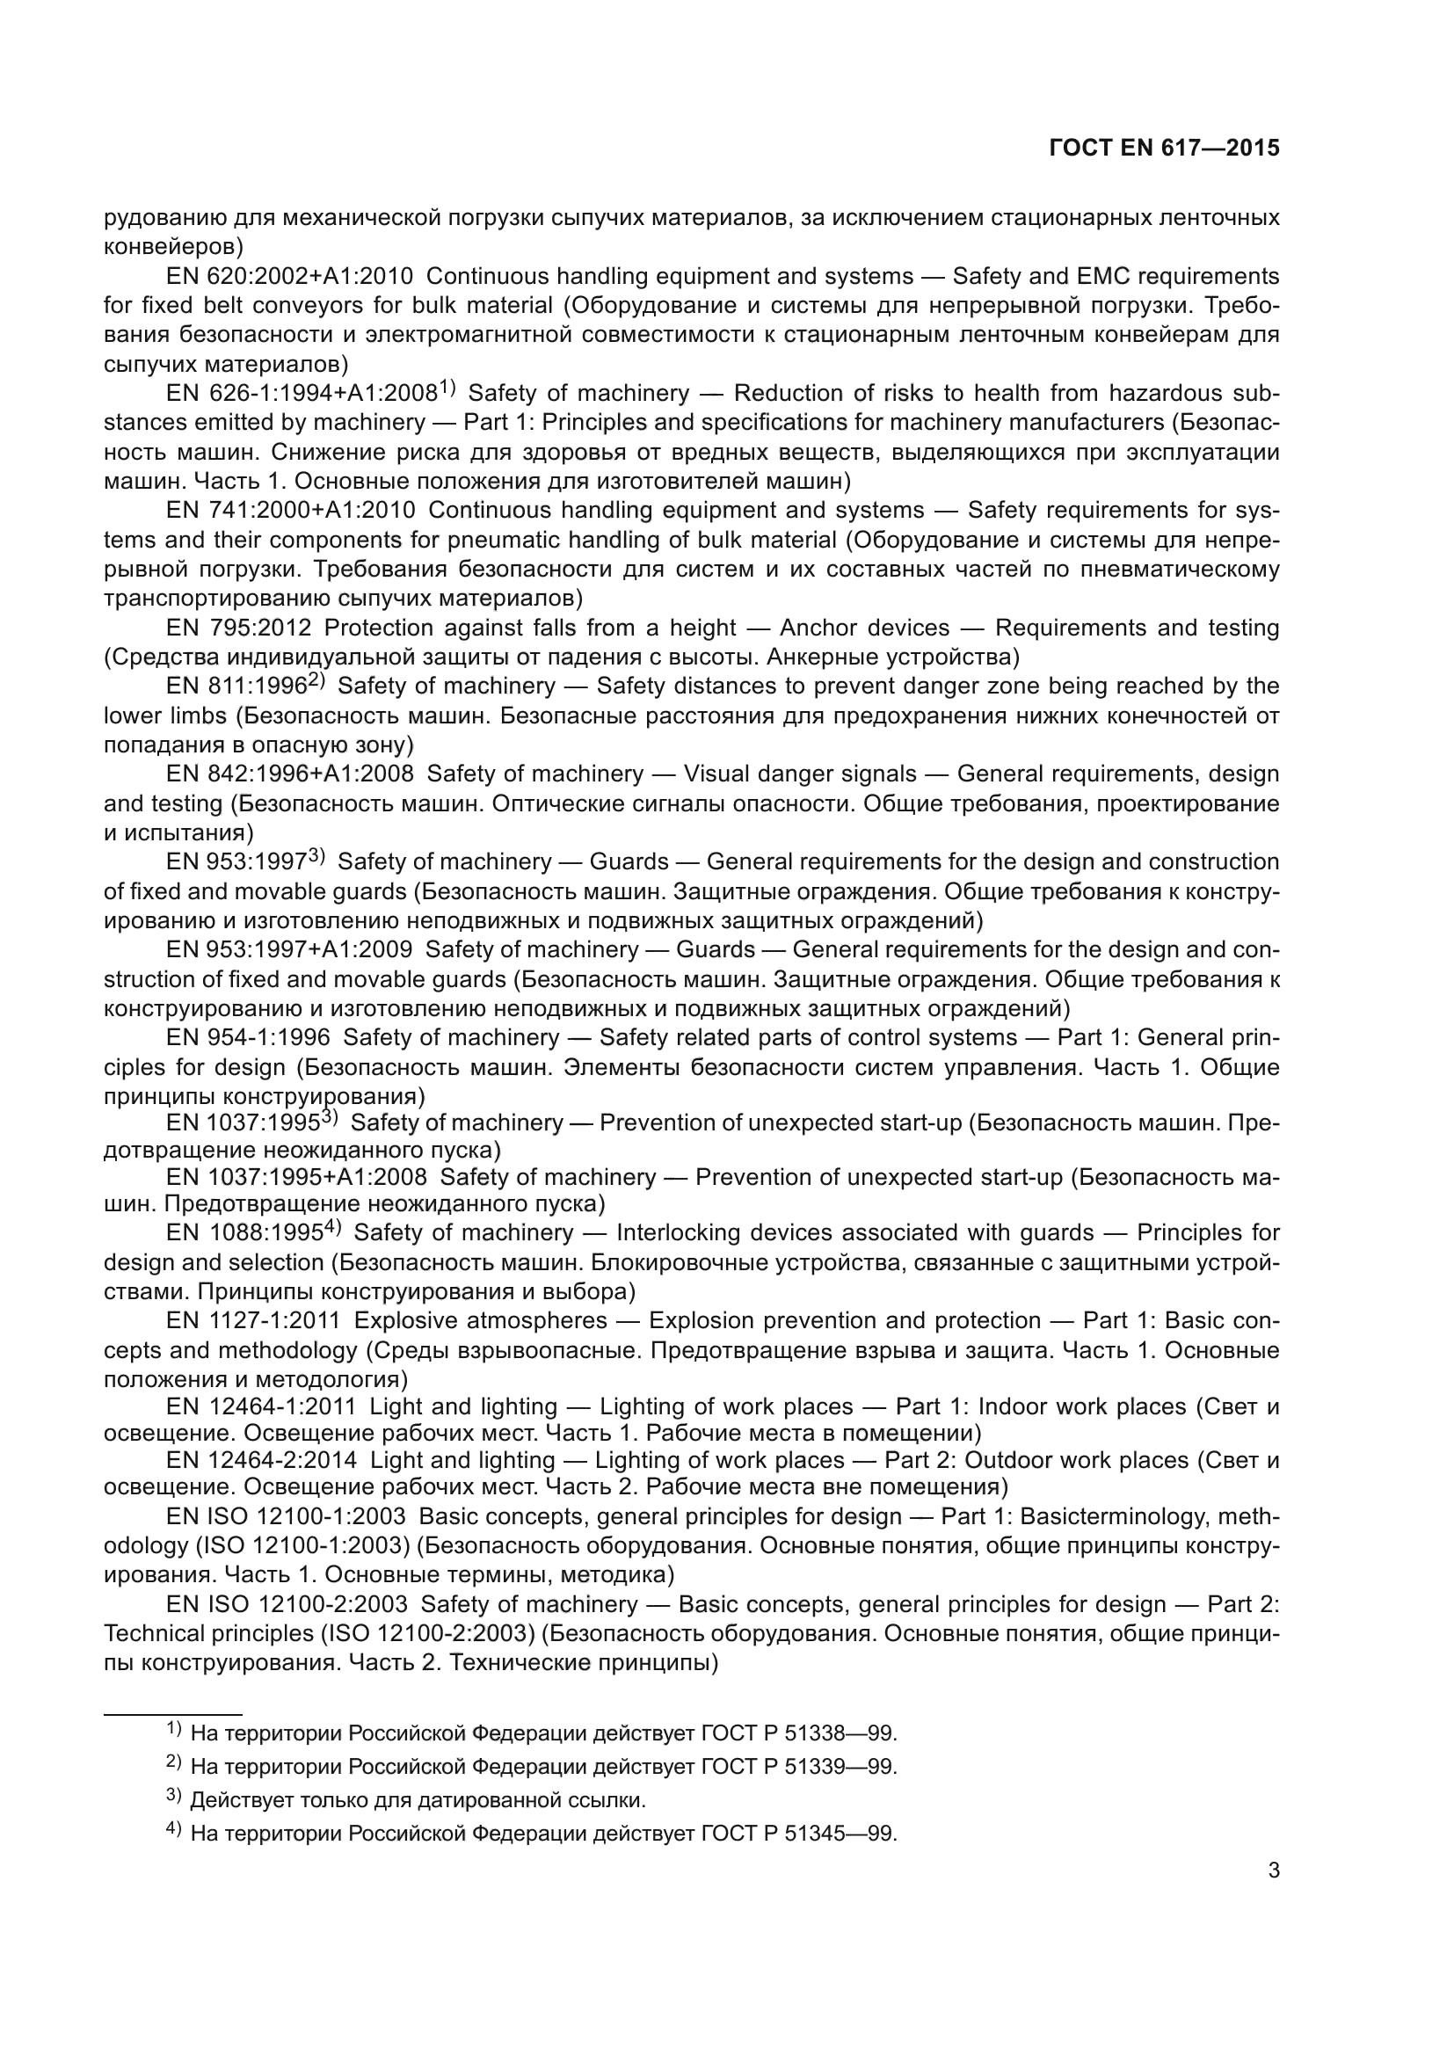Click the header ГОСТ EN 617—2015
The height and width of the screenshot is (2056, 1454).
[1164, 149]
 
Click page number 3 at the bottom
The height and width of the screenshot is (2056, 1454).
[1273, 1871]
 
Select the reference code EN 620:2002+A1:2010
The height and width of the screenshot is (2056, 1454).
[289, 276]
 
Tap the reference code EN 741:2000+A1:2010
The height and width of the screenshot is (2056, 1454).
[290, 511]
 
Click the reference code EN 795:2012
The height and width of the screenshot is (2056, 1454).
[239, 628]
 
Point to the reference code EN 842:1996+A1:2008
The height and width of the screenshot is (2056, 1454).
[290, 774]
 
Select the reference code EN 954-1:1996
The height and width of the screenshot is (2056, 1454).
[248, 1038]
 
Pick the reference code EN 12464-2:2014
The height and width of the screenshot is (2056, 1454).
[261, 1461]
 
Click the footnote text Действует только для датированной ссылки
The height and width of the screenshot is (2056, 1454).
[418, 1800]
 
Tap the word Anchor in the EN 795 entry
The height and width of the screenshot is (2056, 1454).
[817, 628]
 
